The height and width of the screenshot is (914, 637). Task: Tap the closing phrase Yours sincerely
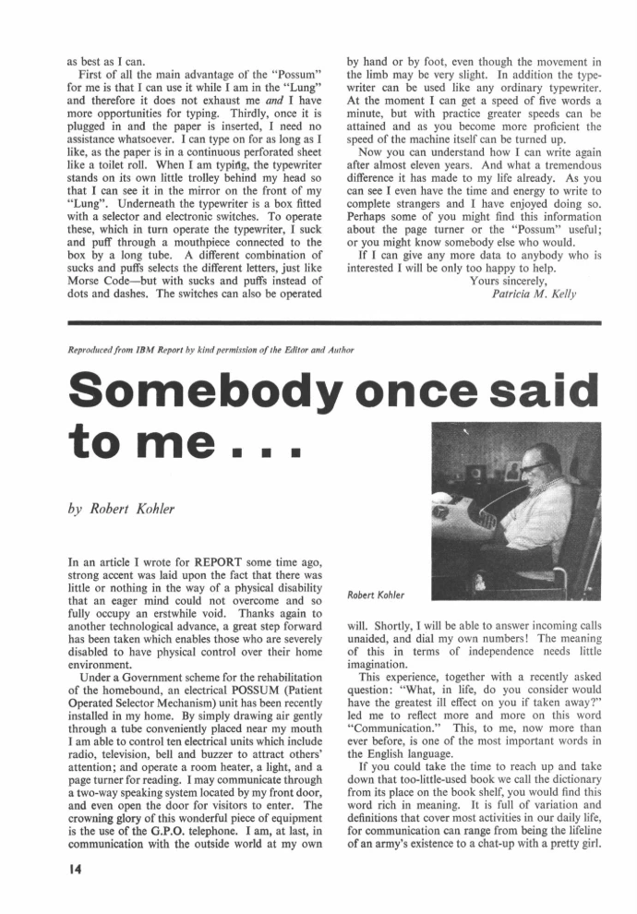pos(508,281)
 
